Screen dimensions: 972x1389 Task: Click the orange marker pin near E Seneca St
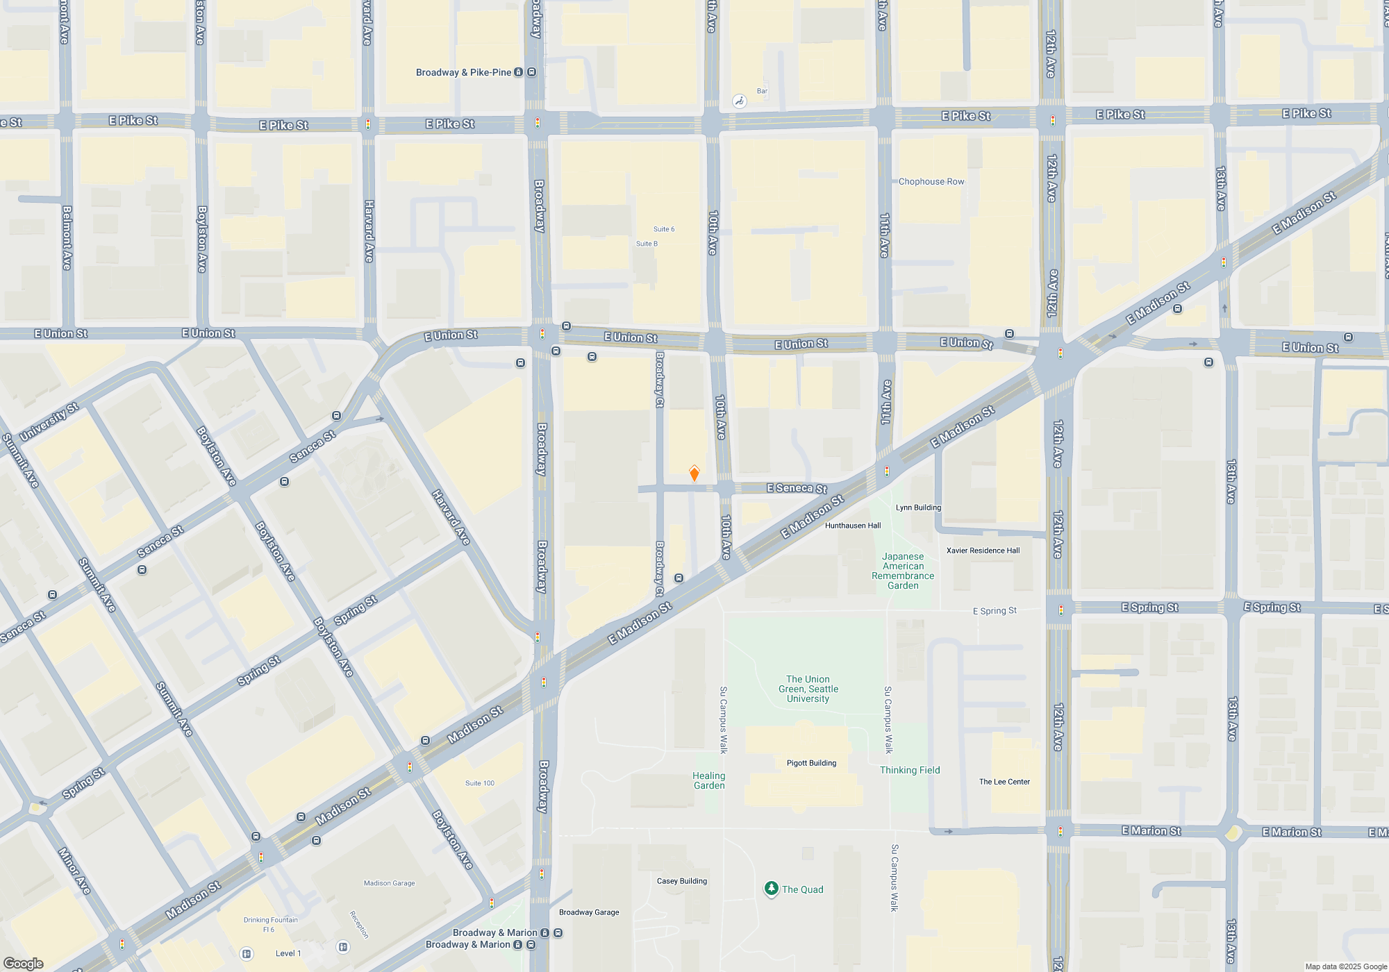tap(694, 474)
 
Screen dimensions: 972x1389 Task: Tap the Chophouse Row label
tap(931, 182)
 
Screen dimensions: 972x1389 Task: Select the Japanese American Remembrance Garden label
tap(903, 571)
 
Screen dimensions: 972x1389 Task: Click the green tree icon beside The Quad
tap(771, 889)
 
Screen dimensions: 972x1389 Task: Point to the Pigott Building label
tap(811, 763)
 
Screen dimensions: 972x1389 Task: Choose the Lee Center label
tap(1004, 782)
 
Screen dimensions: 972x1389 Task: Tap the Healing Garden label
tap(708, 780)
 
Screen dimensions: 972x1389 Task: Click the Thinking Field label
tap(910, 770)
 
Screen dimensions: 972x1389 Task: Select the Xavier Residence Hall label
tap(983, 551)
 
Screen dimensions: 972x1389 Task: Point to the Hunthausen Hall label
tap(853, 526)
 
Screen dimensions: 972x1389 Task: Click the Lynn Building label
tap(918, 508)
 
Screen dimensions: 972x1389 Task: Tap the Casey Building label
tap(681, 881)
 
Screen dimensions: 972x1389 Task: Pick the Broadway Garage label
tap(589, 912)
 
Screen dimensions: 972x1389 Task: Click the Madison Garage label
tap(389, 883)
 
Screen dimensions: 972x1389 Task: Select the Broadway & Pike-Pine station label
tap(463, 72)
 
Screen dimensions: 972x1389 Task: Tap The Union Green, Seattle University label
tap(808, 689)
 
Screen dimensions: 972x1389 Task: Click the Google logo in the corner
tap(24, 963)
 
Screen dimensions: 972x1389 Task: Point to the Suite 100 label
tap(480, 783)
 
